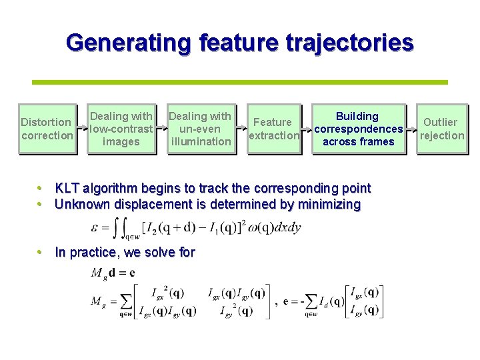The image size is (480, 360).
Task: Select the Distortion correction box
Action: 47,129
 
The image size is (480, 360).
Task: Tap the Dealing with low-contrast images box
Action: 121,129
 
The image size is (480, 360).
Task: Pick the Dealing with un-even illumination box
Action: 201,129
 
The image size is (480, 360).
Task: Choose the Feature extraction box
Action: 273,129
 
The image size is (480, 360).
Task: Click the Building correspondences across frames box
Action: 358,129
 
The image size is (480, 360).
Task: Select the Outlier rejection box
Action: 440,129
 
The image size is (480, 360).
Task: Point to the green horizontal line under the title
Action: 240,82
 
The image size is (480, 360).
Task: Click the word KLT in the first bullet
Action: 68,188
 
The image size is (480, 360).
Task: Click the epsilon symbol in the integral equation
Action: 95,228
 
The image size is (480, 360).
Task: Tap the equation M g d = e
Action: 113,272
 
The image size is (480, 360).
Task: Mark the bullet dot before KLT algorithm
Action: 41,188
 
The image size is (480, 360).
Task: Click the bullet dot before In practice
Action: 41,252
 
